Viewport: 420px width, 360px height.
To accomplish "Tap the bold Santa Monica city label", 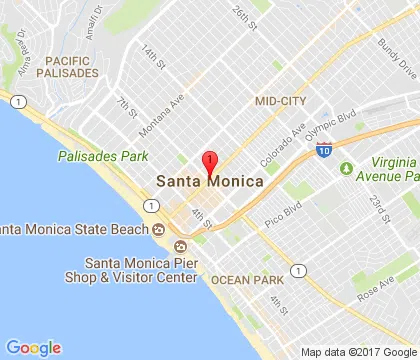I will click(x=209, y=182).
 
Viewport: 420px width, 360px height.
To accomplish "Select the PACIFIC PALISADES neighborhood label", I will click(x=67, y=66).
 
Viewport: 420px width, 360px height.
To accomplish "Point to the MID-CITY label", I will click(x=281, y=101).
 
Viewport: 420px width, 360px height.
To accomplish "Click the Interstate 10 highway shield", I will click(x=323, y=149).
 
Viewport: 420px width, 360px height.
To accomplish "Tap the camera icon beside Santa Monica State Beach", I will click(x=158, y=230).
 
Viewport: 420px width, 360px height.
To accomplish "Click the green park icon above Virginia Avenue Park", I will click(x=347, y=168).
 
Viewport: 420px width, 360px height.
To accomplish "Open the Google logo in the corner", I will click(x=33, y=347).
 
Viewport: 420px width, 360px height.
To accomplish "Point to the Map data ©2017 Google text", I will click(x=358, y=352).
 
